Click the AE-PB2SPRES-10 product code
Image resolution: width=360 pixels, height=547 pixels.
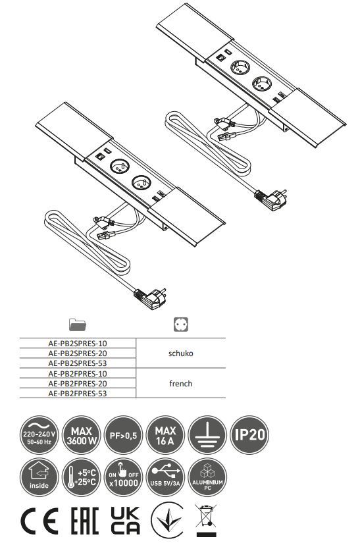point(78,343)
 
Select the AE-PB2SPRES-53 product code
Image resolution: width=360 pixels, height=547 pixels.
point(78,363)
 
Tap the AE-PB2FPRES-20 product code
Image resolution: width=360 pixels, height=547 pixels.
point(78,383)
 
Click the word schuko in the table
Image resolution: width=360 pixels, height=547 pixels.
point(180,353)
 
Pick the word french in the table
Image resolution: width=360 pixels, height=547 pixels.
point(180,384)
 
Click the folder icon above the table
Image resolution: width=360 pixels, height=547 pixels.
point(78,325)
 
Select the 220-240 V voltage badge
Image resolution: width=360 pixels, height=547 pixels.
point(37,434)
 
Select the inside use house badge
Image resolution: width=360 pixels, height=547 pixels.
point(37,476)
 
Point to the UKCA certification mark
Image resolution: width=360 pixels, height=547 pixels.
point(124,521)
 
